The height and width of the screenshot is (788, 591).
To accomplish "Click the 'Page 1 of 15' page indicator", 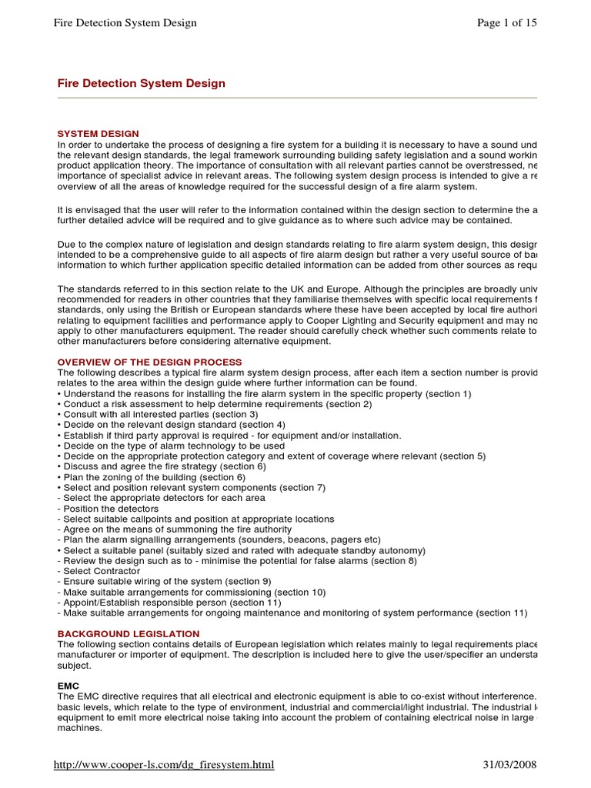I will (507, 23).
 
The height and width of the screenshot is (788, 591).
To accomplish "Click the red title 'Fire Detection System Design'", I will (142, 83).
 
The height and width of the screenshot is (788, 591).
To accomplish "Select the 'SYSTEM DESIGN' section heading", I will (98, 134).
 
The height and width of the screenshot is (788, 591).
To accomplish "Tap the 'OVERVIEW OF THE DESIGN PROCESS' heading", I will (149, 362).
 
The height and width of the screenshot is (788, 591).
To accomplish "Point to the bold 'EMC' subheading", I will (68, 685).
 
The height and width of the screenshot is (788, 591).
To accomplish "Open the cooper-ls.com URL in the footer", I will (163, 765).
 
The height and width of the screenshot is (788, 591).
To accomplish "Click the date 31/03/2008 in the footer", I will (509, 765).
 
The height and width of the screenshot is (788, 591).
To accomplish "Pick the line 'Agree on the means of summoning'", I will (177, 529).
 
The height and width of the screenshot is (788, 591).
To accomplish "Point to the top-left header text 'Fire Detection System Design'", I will (125, 23).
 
